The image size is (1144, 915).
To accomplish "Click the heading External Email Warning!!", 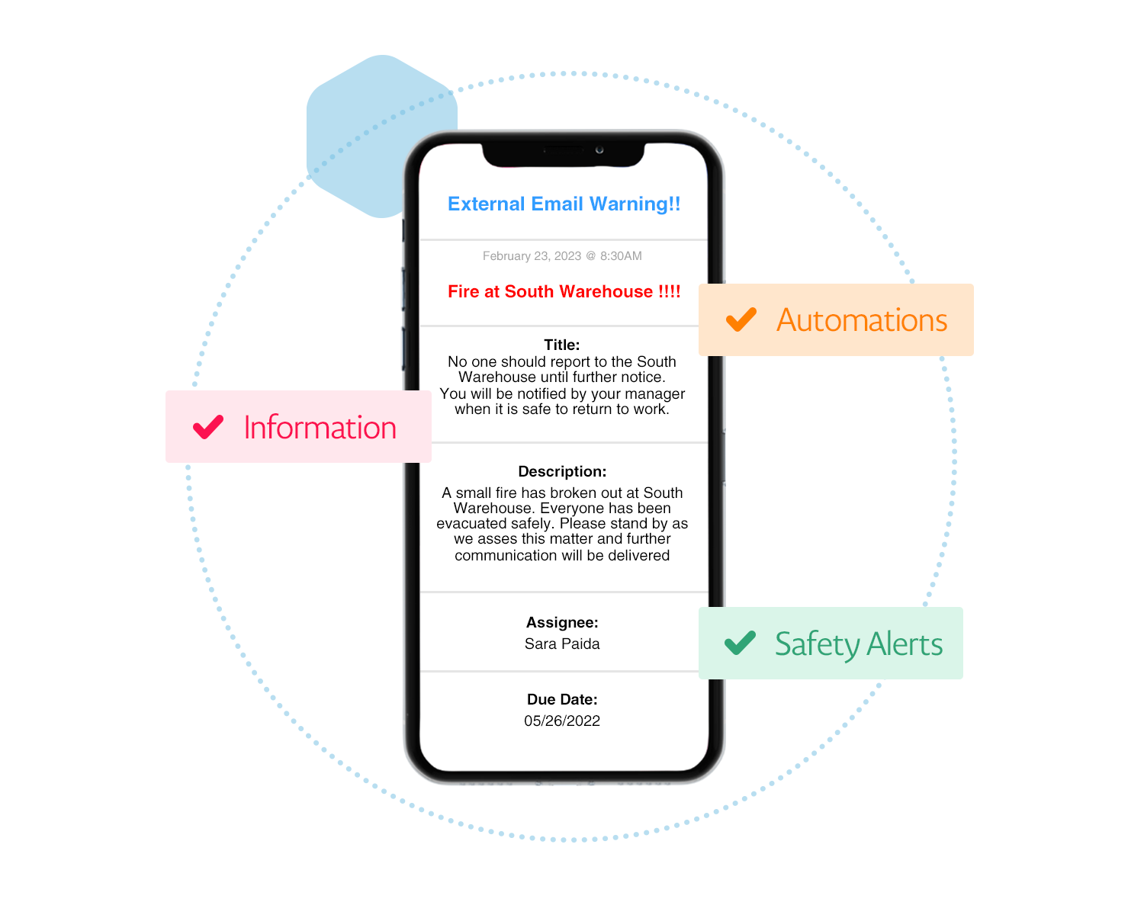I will [564, 204].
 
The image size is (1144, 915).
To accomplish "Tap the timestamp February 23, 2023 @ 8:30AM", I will [562, 256].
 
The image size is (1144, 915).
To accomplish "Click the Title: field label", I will [562, 345].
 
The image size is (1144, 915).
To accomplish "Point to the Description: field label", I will [562, 471].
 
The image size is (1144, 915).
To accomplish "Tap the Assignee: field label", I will [562, 622].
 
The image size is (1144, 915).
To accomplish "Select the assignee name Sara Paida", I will [562, 644].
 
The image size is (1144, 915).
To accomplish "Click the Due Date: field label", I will [562, 699].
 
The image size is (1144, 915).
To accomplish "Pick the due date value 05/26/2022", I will [562, 721].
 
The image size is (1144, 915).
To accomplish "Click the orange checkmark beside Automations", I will [741, 319].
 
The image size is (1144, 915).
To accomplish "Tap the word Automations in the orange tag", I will [862, 320].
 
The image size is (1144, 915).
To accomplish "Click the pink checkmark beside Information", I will [208, 427].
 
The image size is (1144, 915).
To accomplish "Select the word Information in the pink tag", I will [320, 428].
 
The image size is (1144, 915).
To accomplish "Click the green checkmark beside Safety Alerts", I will [740, 643].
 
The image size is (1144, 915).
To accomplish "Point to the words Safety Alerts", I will [859, 644].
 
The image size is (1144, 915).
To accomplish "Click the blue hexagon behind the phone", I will [358, 130].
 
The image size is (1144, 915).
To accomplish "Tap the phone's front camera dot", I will [599, 150].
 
